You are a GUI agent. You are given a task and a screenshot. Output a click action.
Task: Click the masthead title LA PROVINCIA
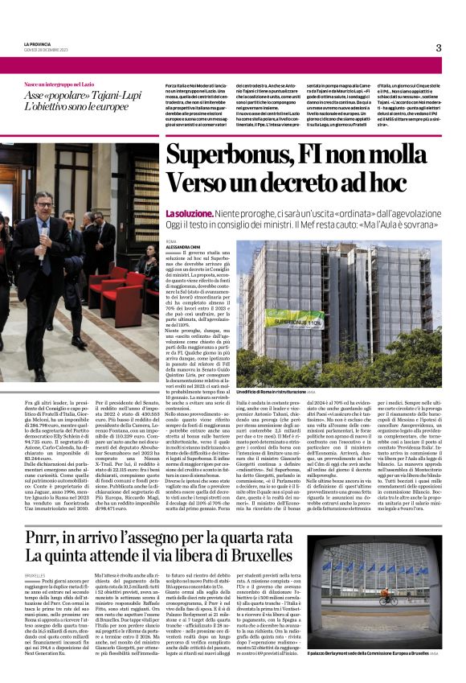coord(37,44)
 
